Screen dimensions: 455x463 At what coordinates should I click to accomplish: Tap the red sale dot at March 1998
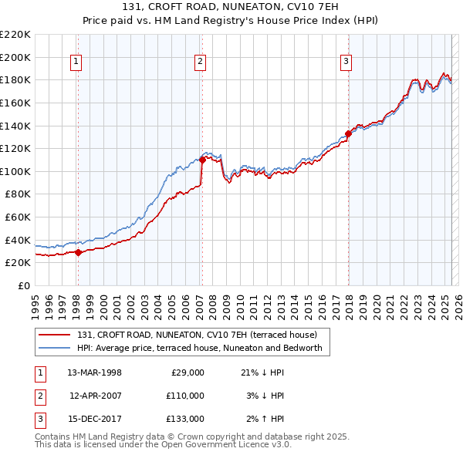[x=78, y=252]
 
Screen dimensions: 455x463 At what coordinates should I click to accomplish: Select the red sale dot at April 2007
[x=202, y=160]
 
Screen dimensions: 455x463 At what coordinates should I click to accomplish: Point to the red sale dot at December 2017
[x=348, y=133]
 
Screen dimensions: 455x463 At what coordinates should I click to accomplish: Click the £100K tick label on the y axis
[x=15, y=171]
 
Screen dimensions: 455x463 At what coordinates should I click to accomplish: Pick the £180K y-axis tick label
[x=15, y=79]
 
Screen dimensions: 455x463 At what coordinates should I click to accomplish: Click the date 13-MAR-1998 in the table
[x=94, y=372]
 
